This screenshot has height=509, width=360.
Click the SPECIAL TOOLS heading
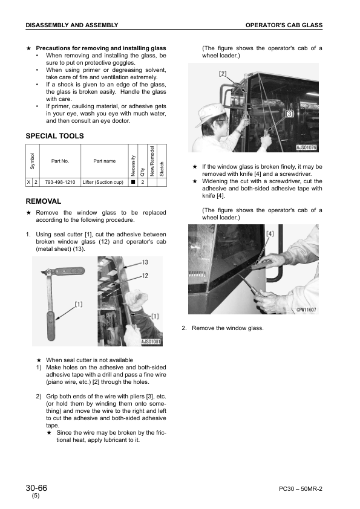(x=54, y=136)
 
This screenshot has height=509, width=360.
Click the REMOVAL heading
(x=43, y=201)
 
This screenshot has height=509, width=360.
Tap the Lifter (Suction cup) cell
(x=102, y=182)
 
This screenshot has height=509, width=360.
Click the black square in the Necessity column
(x=132, y=182)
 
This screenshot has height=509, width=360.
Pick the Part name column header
(x=104, y=161)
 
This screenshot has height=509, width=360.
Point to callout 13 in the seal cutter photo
(x=145, y=262)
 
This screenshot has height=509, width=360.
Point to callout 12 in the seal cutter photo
(x=145, y=275)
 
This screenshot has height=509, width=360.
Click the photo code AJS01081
(x=151, y=342)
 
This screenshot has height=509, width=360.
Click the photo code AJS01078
(x=307, y=147)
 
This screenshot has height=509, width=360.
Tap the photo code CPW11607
(x=306, y=310)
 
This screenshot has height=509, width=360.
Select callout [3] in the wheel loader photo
(x=290, y=113)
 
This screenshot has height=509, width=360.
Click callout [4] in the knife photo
(x=270, y=233)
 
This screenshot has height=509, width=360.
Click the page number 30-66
(x=37, y=488)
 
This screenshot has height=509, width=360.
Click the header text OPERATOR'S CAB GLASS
(x=284, y=25)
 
